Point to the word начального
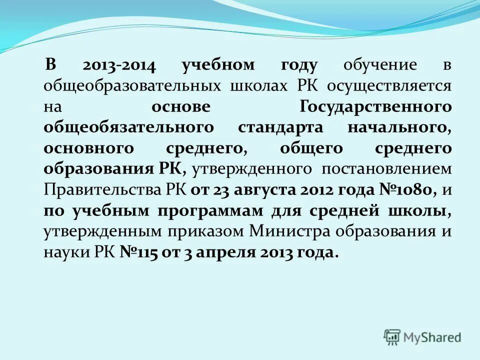397,127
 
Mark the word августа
257,190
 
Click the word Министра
292,231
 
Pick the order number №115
138,252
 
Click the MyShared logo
423,336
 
